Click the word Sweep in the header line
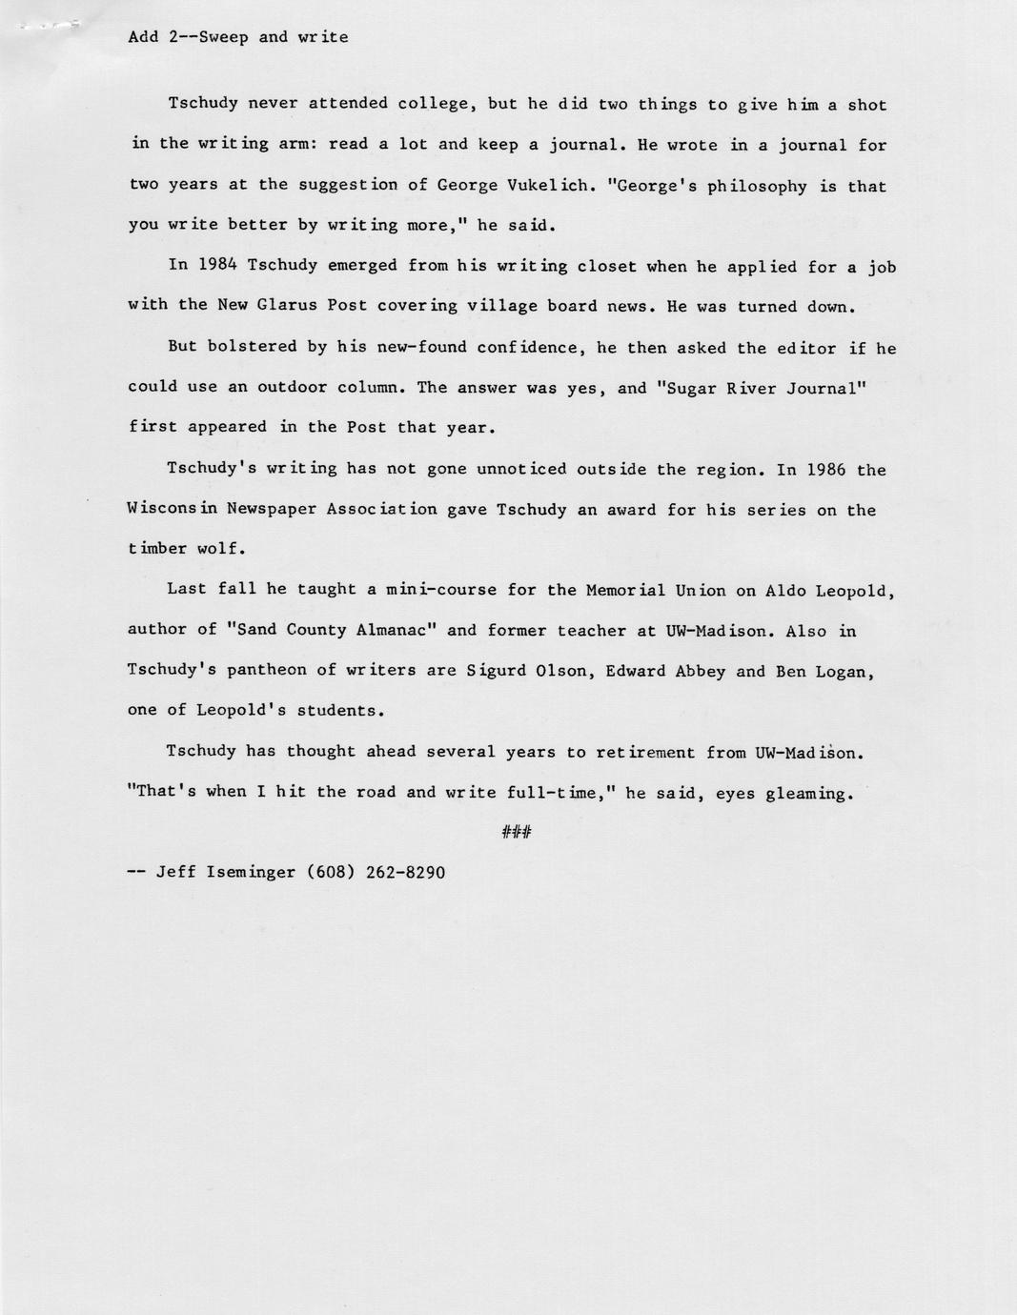coord(223,37)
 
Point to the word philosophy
coord(758,186)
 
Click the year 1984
coord(217,265)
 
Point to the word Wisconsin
coord(172,509)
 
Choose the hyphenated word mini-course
coord(440,589)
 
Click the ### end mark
coord(516,833)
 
